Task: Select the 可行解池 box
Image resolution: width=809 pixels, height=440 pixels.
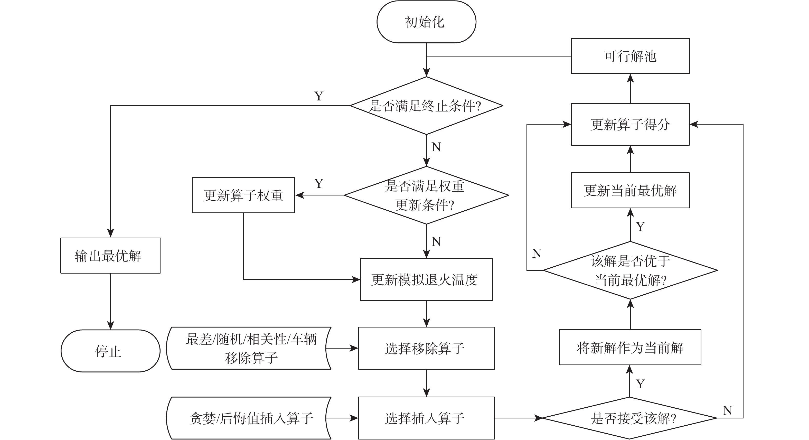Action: click(x=630, y=56)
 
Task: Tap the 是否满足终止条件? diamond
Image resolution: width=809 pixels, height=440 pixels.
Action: click(x=426, y=106)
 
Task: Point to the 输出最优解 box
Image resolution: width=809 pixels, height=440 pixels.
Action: click(x=110, y=256)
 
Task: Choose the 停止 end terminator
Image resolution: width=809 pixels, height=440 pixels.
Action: click(x=110, y=351)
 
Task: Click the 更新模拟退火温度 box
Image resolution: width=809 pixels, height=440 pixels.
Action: click(x=426, y=279)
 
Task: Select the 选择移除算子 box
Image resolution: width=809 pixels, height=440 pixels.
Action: click(x=426, y=348)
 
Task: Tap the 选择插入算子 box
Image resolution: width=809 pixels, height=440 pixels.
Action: click(x=426, y=418)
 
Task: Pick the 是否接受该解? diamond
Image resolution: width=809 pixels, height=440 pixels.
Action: click(x=630, y=418)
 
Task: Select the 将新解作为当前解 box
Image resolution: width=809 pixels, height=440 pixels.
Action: click(x=630, y=347)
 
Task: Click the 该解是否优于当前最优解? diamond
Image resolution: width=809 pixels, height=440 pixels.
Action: click(x=630, y=270)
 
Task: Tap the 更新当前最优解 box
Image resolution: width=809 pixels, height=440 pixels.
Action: click(x=630, y=190)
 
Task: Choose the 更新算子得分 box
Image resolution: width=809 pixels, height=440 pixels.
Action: click(x=630, y=124)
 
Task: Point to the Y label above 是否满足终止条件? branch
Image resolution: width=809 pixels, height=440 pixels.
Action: click(x=319, y=96)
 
